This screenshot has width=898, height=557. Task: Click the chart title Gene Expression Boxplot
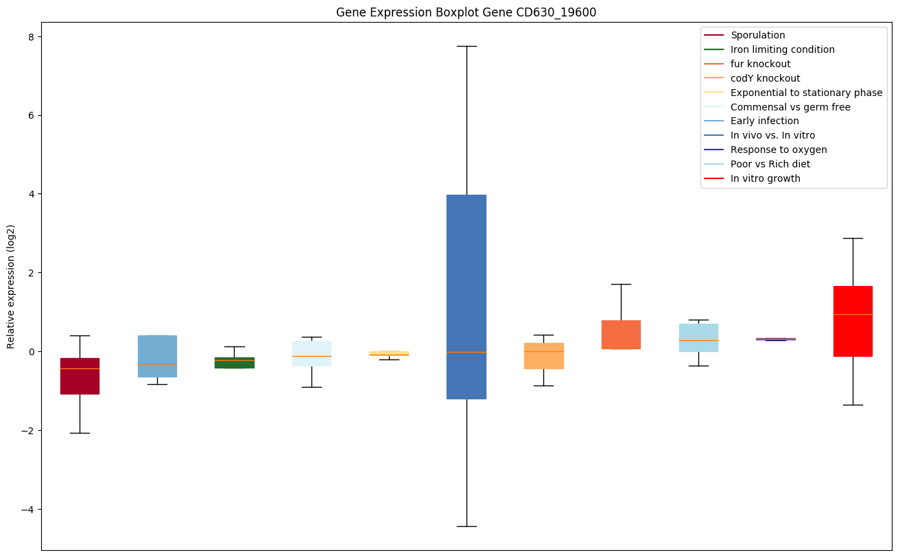click(460, 12)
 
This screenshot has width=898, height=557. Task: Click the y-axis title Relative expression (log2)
click(10, 286)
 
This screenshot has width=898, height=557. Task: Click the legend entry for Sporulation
click(757, 35)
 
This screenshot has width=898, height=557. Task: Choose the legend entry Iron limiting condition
click(782, 49)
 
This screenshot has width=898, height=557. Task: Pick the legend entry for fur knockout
click(760, 64)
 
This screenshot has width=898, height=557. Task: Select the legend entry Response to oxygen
click(778, 150)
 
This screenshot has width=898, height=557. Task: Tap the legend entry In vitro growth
click(765, 178)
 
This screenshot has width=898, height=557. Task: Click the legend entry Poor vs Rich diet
click(770, 164)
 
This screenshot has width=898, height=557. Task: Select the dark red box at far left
click(80, 376)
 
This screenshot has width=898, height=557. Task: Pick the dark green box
click(235, 362)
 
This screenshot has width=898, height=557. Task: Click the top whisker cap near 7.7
click(466, 46)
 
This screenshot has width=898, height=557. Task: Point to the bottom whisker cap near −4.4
click(466, 526)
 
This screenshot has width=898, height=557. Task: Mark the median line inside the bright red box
click(853, 314)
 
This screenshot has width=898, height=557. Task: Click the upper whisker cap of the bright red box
click(853, 238)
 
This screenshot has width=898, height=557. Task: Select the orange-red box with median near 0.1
click(621, 334)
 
